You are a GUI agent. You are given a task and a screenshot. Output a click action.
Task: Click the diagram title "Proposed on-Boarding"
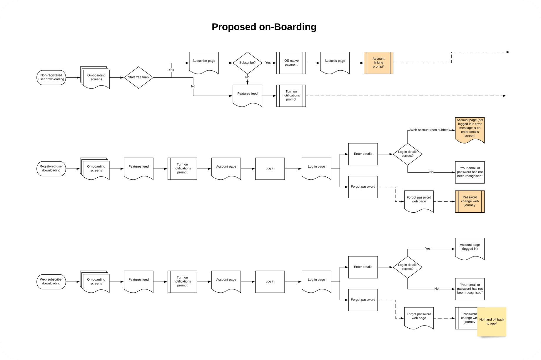(264, 27)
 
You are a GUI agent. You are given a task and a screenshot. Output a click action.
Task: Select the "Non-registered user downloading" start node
(51, 77)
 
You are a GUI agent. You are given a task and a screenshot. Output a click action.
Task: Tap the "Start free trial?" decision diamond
(138, 77)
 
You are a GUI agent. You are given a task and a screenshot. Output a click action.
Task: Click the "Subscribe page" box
(204, 62)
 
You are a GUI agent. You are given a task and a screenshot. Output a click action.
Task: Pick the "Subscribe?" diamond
(247, 63)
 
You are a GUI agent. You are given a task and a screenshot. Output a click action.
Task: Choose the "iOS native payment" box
(291, 63)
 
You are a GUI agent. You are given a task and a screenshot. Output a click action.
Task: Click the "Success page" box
(335, 62)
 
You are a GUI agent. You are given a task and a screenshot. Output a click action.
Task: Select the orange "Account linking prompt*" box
(378, 63)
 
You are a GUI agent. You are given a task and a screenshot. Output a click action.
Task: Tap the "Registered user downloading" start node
(51, 169)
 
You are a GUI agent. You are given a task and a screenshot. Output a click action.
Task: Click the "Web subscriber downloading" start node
(51, 281)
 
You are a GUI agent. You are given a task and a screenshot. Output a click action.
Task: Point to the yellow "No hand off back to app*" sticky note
(492, 321)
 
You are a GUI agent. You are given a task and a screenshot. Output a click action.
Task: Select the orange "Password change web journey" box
(470, 201)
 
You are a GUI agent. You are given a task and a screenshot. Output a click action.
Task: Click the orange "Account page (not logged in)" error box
(470, 129)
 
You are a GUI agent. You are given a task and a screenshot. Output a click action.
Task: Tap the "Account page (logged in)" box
(470, 248)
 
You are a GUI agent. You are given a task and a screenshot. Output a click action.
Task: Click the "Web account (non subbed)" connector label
(430, 130)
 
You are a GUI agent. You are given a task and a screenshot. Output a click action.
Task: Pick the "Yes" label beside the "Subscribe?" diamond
(268, 63)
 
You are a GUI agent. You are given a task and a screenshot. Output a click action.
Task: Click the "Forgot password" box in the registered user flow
(363, 187)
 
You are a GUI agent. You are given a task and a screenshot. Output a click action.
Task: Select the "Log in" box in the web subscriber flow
(270, 281)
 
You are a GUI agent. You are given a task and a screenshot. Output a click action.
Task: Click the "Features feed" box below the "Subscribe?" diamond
(247, 94)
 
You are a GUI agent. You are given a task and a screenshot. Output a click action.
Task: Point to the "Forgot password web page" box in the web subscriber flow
(419, 317)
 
